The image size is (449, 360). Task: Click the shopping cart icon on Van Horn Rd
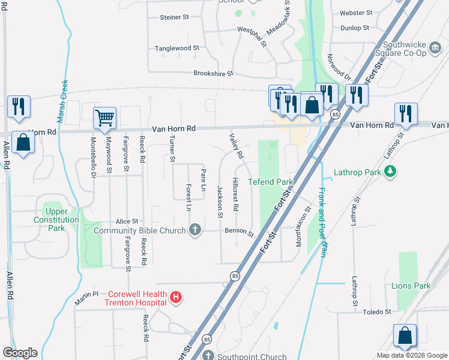pos(104,118)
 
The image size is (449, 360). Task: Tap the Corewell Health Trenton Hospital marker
pos(176,298)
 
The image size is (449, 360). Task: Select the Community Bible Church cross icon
pos(194,229)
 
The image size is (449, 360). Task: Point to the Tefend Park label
pos(270,182)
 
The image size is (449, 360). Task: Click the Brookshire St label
pos(212,73)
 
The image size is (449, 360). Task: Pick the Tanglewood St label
pos(176,48)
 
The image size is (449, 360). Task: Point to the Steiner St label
pos(175,17)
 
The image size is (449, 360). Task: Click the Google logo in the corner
pos(20,352)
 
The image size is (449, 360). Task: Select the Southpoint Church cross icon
pos(208,356)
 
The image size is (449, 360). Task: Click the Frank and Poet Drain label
pos(322,223)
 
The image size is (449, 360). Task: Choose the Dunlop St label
pos(354,28)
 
